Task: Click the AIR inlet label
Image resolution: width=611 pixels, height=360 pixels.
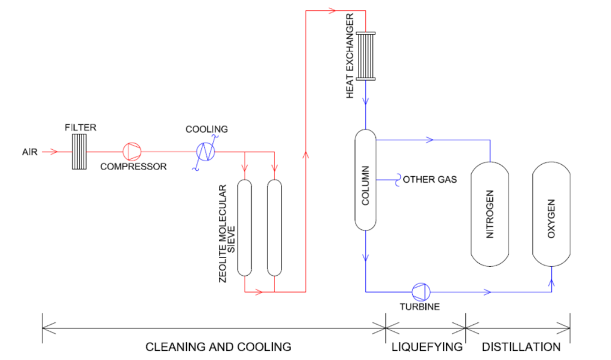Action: click(x=30, y=152)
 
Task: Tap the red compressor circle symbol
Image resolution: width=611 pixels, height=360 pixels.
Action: click(x=130, y=152)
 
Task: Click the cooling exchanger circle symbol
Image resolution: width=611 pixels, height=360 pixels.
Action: click(x=206, y=152)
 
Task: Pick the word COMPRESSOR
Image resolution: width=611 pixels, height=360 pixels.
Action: click(x=133, y=167)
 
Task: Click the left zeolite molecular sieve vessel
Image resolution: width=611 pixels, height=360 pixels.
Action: click(x=245, y=227)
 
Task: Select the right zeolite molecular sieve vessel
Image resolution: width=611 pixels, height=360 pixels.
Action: click(x=274, y=227)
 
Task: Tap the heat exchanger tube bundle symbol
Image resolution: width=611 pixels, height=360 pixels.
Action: click(x=366, y=56)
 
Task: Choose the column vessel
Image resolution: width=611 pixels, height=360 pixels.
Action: click(x=365, y=180)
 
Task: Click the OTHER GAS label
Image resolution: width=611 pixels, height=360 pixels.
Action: click(x=430, y=179)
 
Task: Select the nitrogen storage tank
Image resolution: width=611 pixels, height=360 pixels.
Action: click(x=490, y=214)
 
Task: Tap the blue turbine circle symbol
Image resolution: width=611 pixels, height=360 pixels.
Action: click(x=421, y=291)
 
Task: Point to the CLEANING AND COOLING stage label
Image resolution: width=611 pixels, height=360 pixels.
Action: click(x=218, y=346)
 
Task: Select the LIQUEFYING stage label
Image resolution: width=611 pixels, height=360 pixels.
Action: click(x=427, y=346)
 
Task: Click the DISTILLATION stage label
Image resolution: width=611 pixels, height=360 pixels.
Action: click(x=521, y=346)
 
